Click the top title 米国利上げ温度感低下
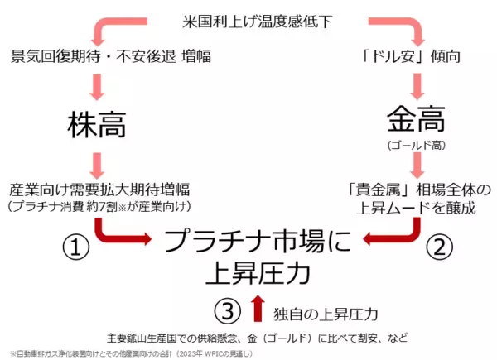click(x=257, y=22)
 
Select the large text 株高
click(x=97, y=124)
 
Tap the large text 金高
click(x=416, y=119)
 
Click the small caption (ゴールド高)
click(x=416, y=145)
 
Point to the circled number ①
click(x=75, y=247)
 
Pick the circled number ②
click(x=439, y=247)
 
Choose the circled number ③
click(x=228, y=310)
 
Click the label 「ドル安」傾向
click(x=411, y=56)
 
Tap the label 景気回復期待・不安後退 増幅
click(x=111, y=56)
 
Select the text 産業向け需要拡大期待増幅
click(x=99, y=190)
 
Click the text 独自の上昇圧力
click(x=326, y=314)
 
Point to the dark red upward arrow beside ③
click(x=258, y=309)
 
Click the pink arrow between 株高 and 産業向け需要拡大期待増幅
click(x=97, y=166)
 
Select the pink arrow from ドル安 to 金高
click(x=417, y=86)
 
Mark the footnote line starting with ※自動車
click(x=132, y=353)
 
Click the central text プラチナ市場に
click(x=258, y=242)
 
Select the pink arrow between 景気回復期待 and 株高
click(x=97, y=87)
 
